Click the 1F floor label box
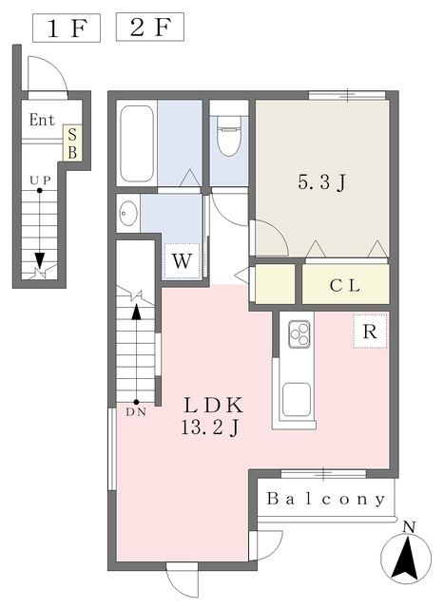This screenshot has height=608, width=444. pyautogui.click(x=67, y=28)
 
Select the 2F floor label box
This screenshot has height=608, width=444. pyautogui.click(x=150, y=28)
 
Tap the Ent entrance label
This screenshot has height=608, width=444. pyautogui.click(x=42, y=120)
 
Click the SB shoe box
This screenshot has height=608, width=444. pyautogui.click(x=72, y=143)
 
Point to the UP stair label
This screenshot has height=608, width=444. pyautogui.click(x=40, y=180)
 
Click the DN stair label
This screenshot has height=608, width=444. pyautogui.click(x=136, y=412)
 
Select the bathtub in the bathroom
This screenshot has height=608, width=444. pyautogui.click(x=136, y=143)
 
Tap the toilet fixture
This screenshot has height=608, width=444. pyautogui.click(x=229, y=135)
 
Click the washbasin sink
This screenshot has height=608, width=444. pyautogui.click(x=128, y=213)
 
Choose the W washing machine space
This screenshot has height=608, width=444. pyautogui.click(x=182, y=260)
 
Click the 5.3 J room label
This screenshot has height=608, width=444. pyautogui.click(x=321, y=181)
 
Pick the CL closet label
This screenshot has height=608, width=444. pyautogui.click(x=345, y=286)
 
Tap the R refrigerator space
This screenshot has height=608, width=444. pyautogui.click(x=370, y=332)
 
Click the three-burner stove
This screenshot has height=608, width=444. pyautogui.click(x=299, y=333)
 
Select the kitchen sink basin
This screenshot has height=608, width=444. pyautogui.click(x=297, y=400)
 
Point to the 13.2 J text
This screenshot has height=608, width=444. pyautogui.click(x=210, y=428)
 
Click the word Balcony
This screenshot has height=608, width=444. pyautogui.click(x=326, y=499)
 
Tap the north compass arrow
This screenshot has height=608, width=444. pyautogui.click(x=406, y=558)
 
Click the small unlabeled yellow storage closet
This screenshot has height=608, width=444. pyautogui.click(x=275, y=283)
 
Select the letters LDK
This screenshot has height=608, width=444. pyautogui.click(x=213, y=406)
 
